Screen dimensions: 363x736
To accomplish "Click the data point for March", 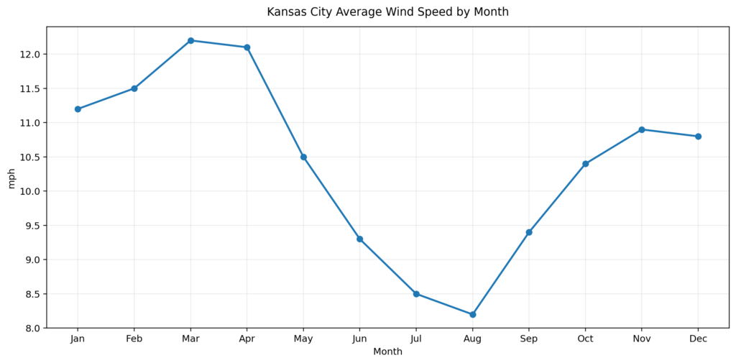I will click(190, 40).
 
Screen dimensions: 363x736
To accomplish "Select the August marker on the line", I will click(472, 314).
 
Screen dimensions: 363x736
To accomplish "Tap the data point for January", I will click(78, 109).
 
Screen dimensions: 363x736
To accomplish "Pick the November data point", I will click(642, 129).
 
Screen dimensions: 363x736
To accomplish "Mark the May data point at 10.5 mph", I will click(303, 157).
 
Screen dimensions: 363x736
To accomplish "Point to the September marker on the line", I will click(529, 232).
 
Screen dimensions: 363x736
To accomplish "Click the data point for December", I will click(698, 137).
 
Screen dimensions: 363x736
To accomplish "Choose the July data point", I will click(416, 294).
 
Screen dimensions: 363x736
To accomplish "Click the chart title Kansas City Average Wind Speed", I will click(387, 12).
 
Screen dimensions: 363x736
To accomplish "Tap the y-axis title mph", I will click(11, 178).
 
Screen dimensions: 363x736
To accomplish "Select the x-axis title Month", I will click(387, 352).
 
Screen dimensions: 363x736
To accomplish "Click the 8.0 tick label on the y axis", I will click(33, 328).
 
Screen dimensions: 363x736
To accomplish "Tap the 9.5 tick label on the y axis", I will click(33, 226).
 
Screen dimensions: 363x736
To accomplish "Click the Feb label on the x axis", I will click(134, 339).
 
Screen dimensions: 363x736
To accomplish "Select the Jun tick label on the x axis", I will click(359, 339).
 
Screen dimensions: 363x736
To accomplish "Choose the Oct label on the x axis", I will click(585, 339).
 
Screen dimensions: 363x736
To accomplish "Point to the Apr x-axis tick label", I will click(247, 339).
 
